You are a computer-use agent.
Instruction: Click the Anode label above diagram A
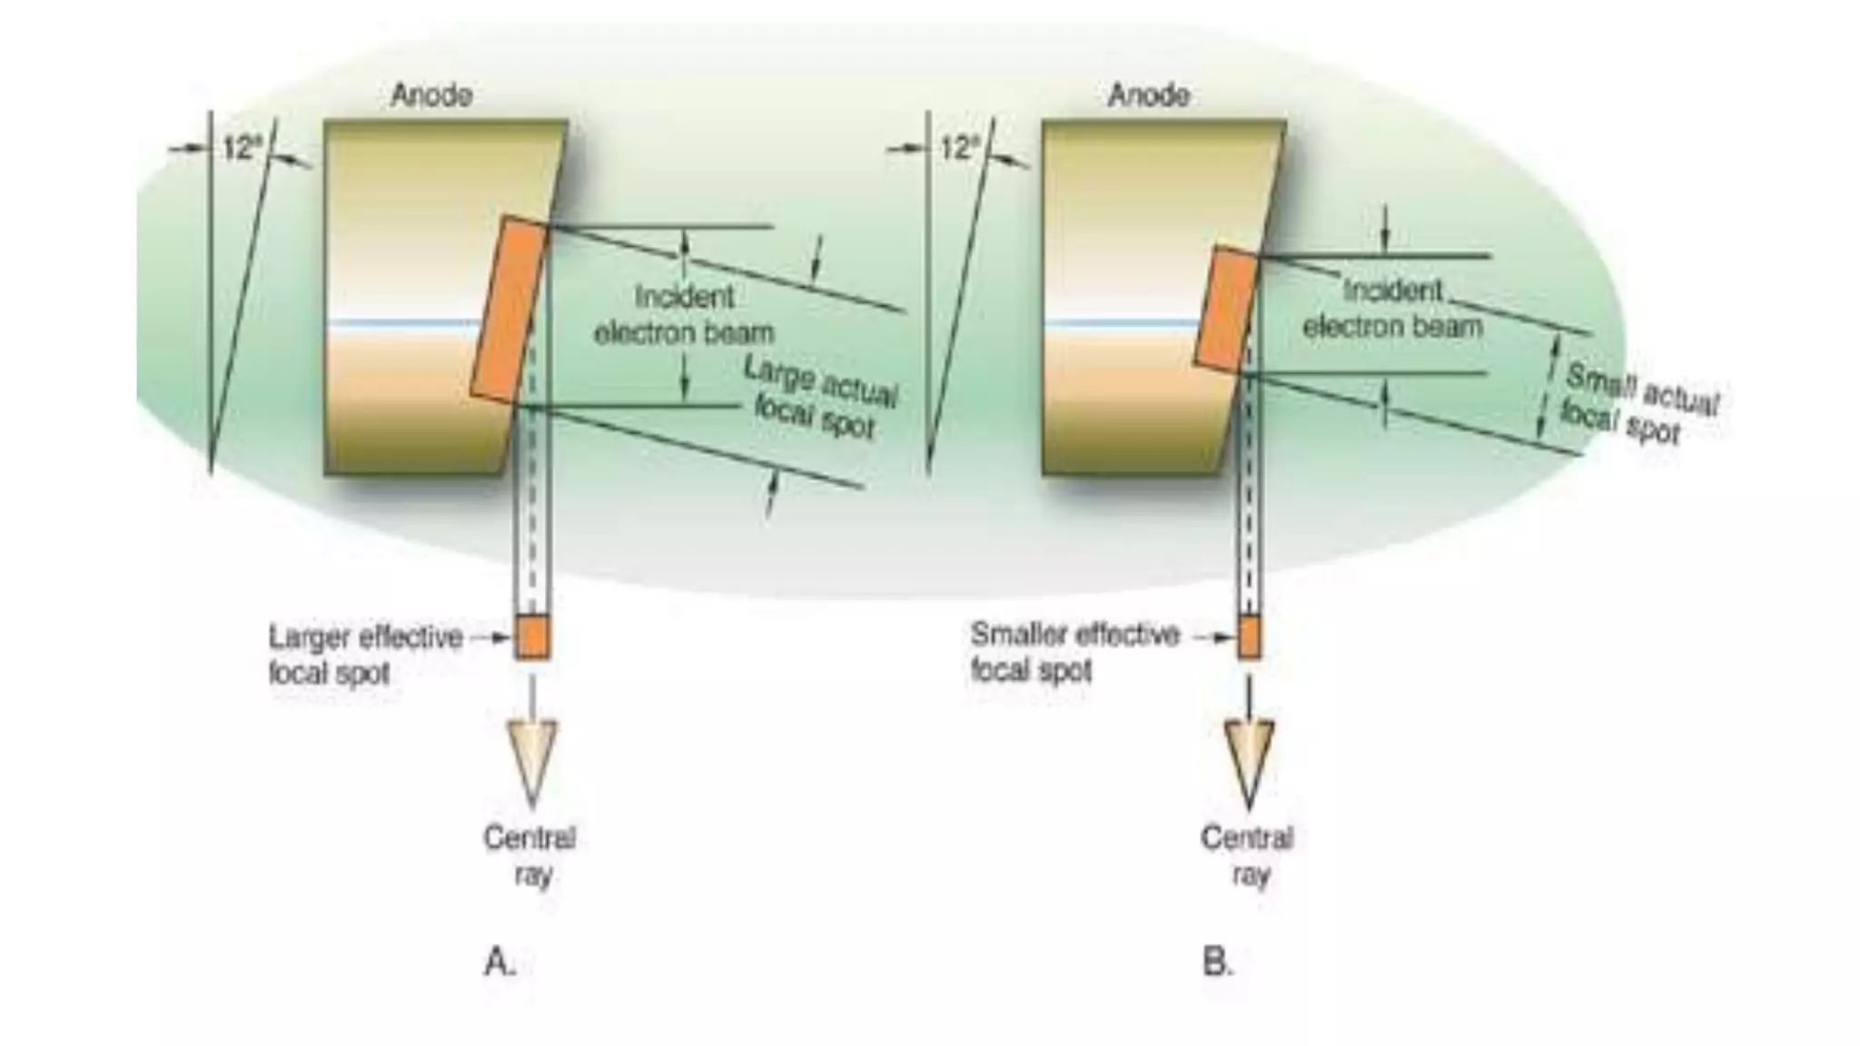pos(430,95)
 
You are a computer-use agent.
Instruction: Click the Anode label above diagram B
pos(1148,95)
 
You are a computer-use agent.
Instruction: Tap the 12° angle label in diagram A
pos(242,148)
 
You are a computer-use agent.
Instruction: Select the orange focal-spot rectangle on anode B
pos(1226,309)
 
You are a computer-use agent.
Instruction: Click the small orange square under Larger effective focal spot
pos(532,636)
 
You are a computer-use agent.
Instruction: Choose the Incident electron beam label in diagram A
pos(683,314)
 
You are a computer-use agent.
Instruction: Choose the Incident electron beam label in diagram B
pos(1392,309)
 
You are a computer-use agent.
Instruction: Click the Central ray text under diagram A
pos(530,855)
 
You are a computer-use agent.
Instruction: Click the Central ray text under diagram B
pos(1248,855)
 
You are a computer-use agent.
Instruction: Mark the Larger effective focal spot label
pos(365,655)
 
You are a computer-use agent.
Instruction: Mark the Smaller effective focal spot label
pos(1073,652)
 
